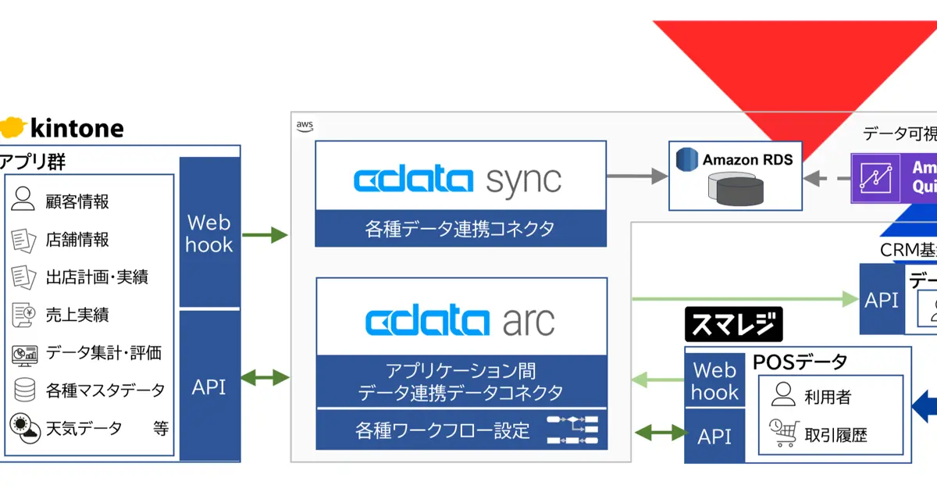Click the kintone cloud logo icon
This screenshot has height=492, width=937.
pyautogui.click(x=14, y=127)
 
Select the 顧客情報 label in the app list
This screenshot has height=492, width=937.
pyautogui.click(x=77, y=201)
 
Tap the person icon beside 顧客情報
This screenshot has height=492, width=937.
pyautogui.click(x=23, y=201)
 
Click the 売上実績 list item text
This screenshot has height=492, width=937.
pyautogui.click(x=77, y=315)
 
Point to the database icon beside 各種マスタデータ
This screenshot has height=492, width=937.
pyautogui.click(x=24, y=389)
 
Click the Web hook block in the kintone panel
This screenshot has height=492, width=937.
pyautogui.click(x=209, y=233)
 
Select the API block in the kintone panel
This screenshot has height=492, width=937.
pyautogui.click(x=209, y=386)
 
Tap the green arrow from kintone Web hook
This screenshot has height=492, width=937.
pyautogui.click(x=265, y=234)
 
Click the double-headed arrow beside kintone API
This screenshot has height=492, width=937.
pyautogui.click(x=265, y=378)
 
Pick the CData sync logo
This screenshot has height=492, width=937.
pyautogui.click(x=458, y=180)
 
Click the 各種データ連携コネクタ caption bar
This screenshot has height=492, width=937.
pyautogui.click(x=461, y=230)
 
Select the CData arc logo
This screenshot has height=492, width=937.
pyautogui.click(x=461, y=321)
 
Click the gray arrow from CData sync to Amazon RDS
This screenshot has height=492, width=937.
pyautogui.click(x=637, y=176)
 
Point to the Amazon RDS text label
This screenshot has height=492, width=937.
pyautogui.click(x=747, y=159)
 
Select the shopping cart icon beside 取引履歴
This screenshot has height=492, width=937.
pyautogui.click(x=783, y=433)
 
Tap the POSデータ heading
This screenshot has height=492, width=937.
pyautogui.click(x=800, y=362)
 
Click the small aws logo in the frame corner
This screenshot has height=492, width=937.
pyautogui.click(x=305, y=125)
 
